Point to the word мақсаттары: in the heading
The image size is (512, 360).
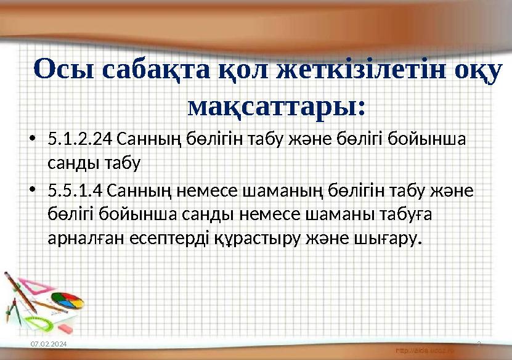[276, 106]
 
